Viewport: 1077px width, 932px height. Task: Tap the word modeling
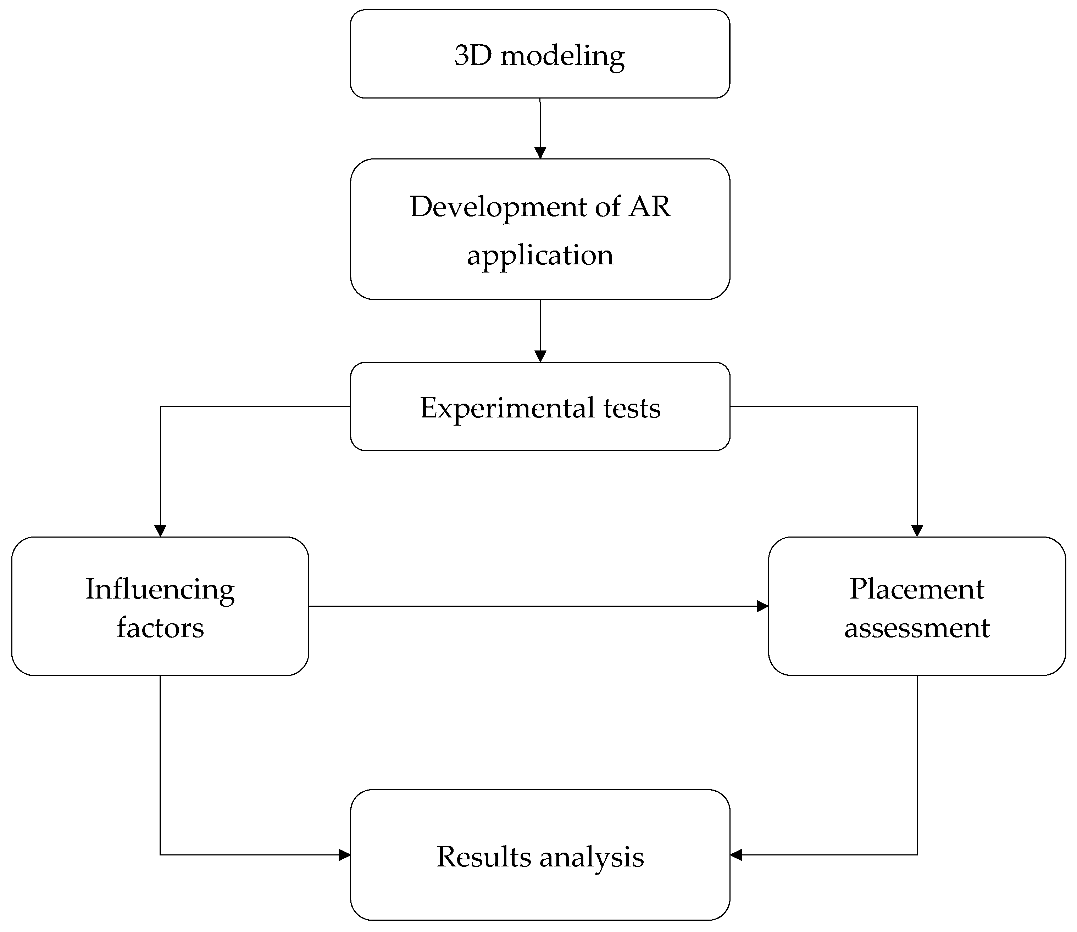point(562,56)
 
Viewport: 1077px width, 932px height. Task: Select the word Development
point(499,207)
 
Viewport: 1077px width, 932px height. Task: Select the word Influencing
point(160,590)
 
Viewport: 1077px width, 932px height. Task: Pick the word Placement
point(917,589)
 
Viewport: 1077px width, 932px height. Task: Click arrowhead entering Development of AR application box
point(540,153)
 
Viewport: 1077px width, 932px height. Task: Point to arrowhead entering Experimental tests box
point(540,356)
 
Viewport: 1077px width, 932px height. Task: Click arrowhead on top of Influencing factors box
point(160,530)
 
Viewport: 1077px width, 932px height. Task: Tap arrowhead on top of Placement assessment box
point(917,530)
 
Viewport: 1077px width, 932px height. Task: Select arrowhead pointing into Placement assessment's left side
point(762,606)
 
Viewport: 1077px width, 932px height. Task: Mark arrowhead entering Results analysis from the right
point(736,854)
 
